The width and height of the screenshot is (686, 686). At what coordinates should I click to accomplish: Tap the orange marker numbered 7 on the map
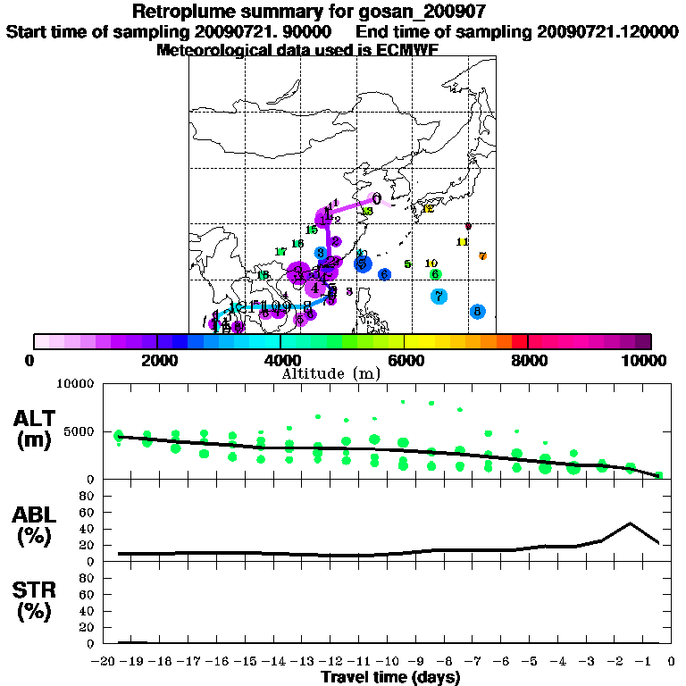[482, 256]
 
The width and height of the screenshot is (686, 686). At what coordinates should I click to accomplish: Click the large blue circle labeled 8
[477, 312]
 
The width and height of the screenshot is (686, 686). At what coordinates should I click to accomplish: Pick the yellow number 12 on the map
[428, 209]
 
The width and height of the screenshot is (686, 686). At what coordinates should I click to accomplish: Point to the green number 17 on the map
[280, 252]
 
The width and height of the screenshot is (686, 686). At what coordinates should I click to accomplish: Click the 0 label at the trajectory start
[377, 199]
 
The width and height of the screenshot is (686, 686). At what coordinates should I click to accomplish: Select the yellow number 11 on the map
[463, 242]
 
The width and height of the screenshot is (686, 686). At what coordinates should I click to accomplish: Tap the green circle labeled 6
[435, 274]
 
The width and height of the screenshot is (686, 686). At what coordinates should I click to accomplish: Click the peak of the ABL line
[631, 523]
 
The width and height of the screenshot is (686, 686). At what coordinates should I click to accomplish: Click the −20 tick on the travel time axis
[107, 660]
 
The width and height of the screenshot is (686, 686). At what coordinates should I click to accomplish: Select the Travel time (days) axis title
[390, 677]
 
